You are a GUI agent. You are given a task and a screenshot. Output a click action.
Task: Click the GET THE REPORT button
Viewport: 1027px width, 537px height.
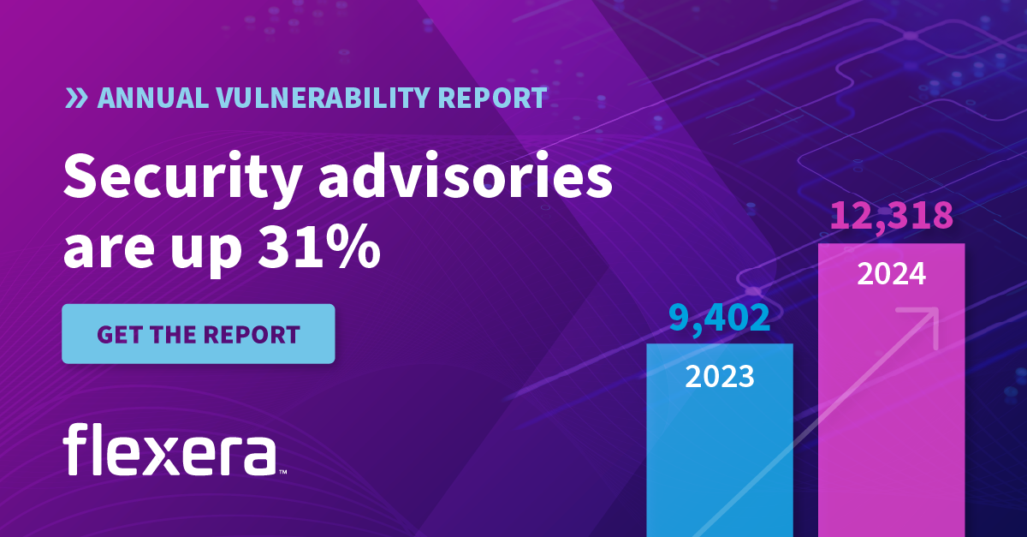pos(198,334)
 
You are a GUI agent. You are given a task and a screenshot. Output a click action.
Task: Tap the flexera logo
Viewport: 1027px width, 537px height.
pos(170,449)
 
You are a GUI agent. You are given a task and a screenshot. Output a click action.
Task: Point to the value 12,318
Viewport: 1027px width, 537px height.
pos(891,217)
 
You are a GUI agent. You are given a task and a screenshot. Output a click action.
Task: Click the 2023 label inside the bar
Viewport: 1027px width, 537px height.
pos(719,376)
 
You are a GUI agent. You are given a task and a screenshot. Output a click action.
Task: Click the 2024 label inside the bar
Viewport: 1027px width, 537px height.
pos(891,275)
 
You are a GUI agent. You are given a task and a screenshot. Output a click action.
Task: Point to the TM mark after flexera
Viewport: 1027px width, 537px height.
pos(282,471)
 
